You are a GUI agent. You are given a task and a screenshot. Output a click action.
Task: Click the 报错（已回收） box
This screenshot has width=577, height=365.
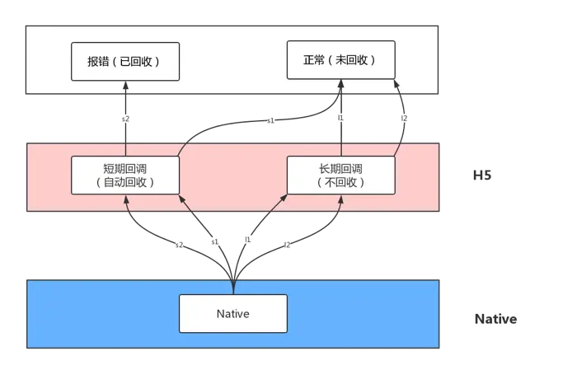124,62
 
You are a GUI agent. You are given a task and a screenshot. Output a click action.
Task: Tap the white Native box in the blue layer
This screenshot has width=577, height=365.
233,314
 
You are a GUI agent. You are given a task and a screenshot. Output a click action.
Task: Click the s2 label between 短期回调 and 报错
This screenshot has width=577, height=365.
125,119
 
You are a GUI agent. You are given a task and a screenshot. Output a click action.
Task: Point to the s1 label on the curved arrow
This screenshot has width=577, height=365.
270,120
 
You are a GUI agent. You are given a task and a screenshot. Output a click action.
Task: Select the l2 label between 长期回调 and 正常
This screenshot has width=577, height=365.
403,119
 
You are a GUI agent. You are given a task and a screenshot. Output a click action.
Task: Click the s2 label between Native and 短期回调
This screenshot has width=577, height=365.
177,244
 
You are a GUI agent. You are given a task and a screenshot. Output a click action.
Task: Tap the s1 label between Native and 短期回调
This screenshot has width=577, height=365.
214,242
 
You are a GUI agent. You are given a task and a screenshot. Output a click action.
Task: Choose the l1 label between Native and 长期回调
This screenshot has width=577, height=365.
248,239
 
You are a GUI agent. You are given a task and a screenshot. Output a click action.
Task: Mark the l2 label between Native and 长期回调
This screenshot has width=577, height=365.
287,244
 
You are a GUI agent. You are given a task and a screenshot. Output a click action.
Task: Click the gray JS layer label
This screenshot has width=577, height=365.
481,175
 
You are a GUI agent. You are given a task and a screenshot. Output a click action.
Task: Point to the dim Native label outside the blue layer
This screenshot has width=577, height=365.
498,319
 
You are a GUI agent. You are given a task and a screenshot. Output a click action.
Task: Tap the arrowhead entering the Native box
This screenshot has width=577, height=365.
233,288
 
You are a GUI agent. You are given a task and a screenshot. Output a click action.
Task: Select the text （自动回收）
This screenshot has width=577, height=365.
125,182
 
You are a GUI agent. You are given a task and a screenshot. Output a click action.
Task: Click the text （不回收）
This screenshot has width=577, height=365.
341,182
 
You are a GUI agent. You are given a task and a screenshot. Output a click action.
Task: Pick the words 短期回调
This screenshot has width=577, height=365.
125,168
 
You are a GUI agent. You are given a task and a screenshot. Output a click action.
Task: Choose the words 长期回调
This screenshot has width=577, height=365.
341,168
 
